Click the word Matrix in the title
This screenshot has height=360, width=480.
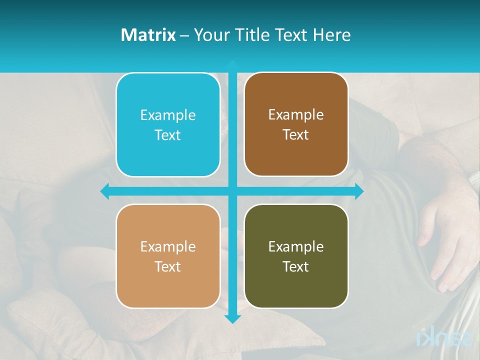click(148, 35)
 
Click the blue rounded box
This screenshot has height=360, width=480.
click(168, 125)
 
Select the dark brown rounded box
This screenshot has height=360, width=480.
click(296, 124)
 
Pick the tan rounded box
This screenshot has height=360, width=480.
click(168, 256)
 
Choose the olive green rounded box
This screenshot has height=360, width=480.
click(296, 256)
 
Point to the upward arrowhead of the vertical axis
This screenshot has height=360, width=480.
click(232, 64)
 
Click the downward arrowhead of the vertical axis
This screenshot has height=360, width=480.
click(232, 318)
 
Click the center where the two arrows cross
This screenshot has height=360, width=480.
click(232, 191)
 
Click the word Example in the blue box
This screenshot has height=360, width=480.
click(168, 115)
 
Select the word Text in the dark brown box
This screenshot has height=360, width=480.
click(296, 135)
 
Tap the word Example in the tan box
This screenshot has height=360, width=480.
click(168, 246)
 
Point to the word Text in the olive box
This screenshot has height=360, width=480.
click(296, 266)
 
